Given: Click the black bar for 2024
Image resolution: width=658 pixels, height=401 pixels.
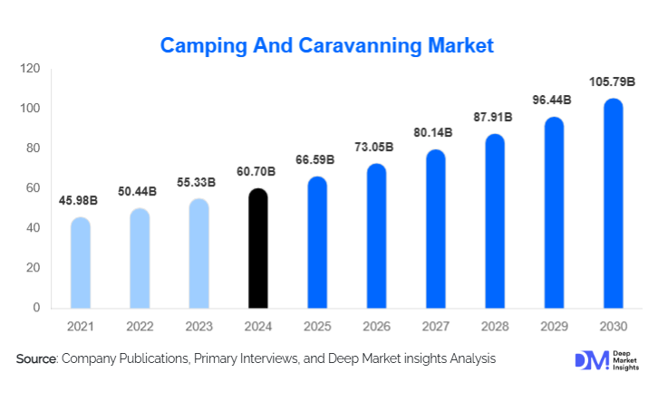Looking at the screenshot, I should (x=258, y=248).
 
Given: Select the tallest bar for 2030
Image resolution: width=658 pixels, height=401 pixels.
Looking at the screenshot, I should (x=614, y=204).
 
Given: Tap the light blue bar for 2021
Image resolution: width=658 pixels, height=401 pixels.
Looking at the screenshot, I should (x=81, y=263).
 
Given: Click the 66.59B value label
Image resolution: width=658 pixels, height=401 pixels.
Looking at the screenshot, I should (x=315, y=160).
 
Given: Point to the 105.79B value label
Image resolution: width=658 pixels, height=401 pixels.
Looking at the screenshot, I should (x=613, y=82).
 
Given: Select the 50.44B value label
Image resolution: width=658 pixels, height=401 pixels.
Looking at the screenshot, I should (x=139, y=192).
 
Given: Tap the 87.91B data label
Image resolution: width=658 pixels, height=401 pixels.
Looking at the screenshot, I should (x=493, y=118).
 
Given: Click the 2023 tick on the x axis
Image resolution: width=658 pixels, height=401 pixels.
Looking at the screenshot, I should (x=198, y=324).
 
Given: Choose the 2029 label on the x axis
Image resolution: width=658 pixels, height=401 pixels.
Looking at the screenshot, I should (x=554, y=324).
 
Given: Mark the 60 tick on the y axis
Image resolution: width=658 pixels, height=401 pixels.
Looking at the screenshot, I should (x=33, y=188).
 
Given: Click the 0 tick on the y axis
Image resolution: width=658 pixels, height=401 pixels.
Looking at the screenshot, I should (x=36, y=308).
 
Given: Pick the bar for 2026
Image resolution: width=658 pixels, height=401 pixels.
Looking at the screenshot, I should (x=376, y=236).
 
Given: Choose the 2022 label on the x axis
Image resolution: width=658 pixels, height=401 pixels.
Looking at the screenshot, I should (x=140, y=324).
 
